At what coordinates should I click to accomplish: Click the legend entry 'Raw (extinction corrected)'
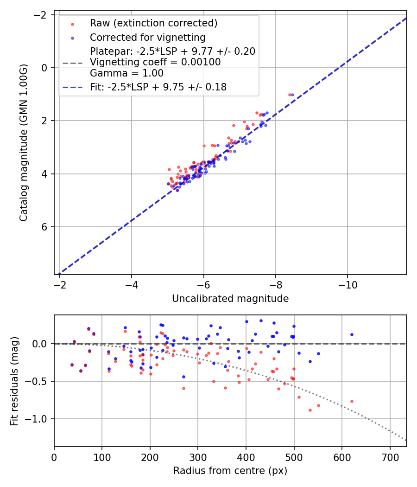(153, 23)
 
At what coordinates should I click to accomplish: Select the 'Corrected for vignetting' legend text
(147, 37)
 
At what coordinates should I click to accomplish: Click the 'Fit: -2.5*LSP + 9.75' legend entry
(158, 87)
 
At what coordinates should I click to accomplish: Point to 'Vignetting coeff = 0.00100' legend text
(155, 62)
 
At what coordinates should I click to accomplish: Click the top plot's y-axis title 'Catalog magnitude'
(24, 142)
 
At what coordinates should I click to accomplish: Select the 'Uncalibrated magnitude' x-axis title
(230, 299)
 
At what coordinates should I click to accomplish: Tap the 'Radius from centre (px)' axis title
(230, 471)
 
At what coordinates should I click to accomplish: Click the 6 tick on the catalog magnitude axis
(45, 227)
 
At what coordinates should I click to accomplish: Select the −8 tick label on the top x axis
(276, 285)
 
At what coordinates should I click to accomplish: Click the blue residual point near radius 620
(352, 334)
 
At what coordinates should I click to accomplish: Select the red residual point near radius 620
(352, 401)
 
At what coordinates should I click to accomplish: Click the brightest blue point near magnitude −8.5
(292, 95)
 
